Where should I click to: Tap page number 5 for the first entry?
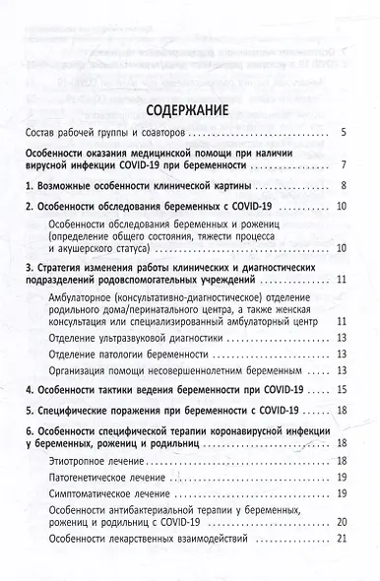pyautogui.click(x=340, y=132)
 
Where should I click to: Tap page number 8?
pyautogui.click(x=340, y=186)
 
